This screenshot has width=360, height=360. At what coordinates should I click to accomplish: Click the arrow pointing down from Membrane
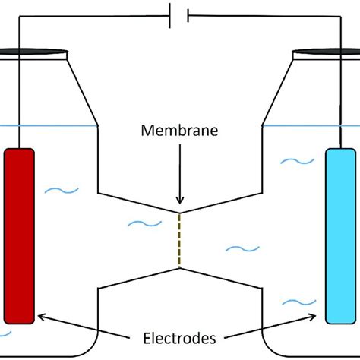coord(180,178)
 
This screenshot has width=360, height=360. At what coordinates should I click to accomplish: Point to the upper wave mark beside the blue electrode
coord(292,161)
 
